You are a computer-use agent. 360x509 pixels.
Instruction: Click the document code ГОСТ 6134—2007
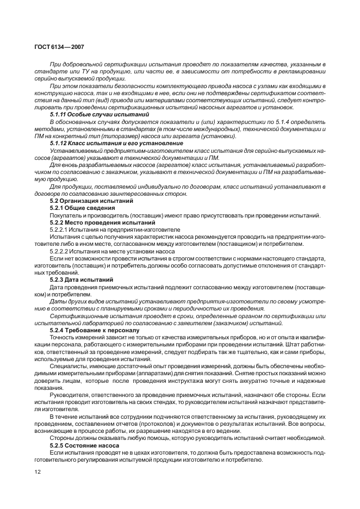coord(60,48)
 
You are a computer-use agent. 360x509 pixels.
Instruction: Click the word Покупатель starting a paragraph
coord(64,215)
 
